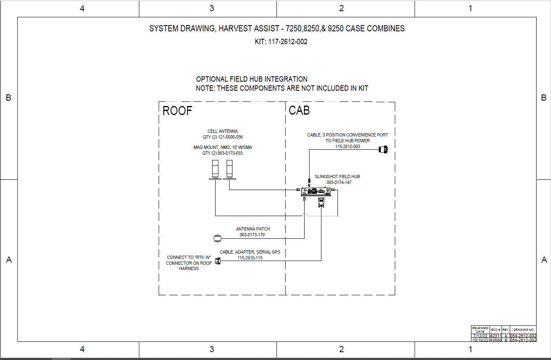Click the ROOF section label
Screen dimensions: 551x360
[177, 111]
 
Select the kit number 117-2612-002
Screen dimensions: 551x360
[288, 42]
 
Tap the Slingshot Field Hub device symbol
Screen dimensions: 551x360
[316, 191]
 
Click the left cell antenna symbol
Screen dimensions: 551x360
[215, 170]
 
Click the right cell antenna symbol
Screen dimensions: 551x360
[230, 170]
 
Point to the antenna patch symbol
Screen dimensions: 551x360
[218, 238]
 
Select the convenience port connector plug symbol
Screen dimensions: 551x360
[383, 149]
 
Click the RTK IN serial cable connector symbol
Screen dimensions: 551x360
[218, 261]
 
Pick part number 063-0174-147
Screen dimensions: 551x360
[339, 182]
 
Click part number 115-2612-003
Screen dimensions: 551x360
[347, 146]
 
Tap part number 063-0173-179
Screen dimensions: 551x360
[252, 235]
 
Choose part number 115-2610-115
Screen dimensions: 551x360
[250, 258]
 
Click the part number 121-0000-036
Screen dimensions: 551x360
[230, 137]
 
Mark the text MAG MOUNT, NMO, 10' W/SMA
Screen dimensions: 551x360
[223, 147]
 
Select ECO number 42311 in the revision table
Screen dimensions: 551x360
[495, 336]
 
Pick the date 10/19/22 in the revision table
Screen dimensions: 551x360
[480, 340]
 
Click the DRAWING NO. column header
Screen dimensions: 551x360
[524, 329]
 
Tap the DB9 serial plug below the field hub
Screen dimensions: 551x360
[321, 202]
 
